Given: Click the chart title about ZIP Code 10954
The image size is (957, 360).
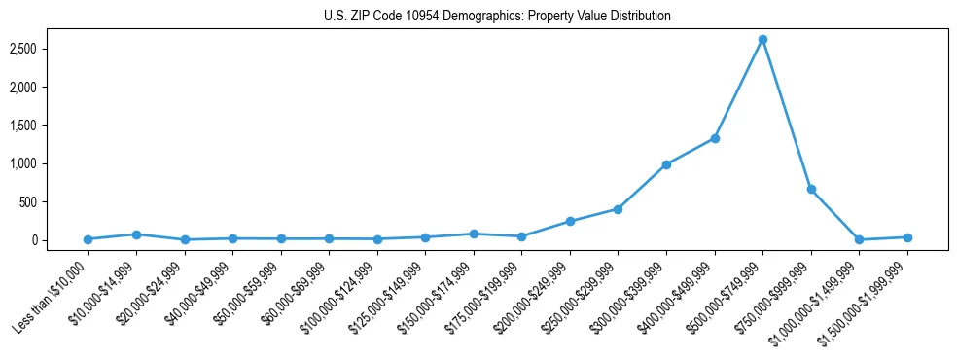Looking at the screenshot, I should click(497, 17).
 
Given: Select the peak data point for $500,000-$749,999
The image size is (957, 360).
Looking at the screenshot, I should click(762, 39).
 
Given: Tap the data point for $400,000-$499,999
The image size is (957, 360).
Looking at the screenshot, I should click(715, 138).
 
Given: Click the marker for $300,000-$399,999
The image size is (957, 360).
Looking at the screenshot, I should click(666, 164).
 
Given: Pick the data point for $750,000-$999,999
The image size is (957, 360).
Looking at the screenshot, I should click(811, 189).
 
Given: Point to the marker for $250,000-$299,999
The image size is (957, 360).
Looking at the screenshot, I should click(618, 209).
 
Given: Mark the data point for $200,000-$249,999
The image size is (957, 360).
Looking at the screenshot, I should click(570, 221).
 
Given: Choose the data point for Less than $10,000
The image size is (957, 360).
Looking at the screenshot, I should click(88, 239).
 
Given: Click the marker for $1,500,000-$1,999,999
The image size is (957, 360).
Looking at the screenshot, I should click(907, 237).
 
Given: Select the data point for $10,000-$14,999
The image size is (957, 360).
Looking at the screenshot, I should click(136, 234).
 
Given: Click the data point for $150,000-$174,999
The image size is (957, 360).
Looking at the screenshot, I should click(474, 234).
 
